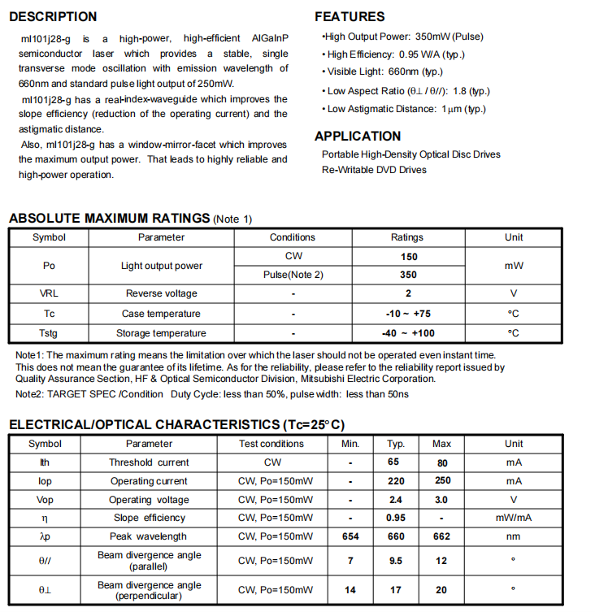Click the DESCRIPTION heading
53,16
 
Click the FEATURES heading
350,16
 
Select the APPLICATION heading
358,136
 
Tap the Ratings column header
406,237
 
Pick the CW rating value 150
408,256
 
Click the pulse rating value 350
408,275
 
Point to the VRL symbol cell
49,293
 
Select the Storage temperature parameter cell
161,333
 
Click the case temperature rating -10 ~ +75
408,314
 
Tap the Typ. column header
396,444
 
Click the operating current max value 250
442,481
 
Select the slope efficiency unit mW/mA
514,518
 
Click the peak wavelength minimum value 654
350,536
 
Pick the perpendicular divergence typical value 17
396,590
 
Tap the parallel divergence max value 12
442,560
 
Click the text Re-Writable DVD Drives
374,170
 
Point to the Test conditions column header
271,444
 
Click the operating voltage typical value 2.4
396,500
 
